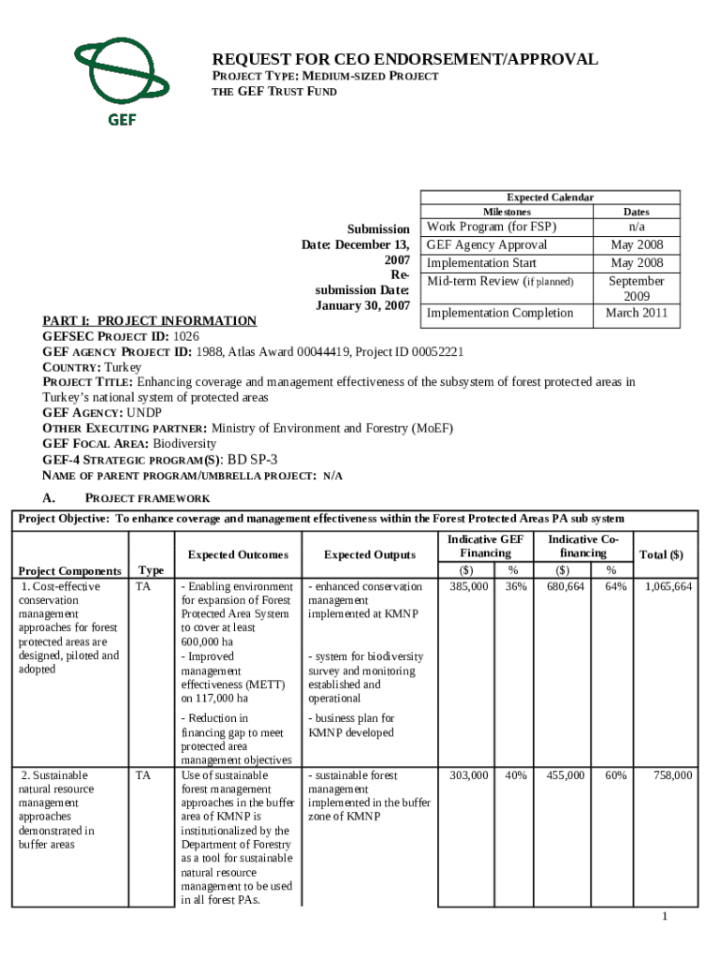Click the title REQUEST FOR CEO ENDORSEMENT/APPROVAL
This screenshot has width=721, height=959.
click(405, 59)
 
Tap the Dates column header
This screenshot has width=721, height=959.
click(636, 212)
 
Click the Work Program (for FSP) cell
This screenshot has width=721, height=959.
click(491, 227)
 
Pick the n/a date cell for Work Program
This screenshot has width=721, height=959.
click(636, 227)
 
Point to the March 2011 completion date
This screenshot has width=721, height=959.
click(636, 313)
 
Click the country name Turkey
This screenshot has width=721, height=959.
click(123, 367)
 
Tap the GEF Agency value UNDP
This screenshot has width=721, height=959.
click(143, 413)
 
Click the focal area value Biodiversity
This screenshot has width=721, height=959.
click(171, 444)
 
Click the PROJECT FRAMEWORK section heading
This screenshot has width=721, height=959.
click(147, 498)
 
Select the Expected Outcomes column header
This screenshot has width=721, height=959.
click(239, 554)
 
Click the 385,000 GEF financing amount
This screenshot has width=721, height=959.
click(468, 586)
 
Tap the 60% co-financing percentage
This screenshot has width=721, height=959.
click(615, 775)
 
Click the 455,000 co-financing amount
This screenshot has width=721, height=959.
click(566, 775)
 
